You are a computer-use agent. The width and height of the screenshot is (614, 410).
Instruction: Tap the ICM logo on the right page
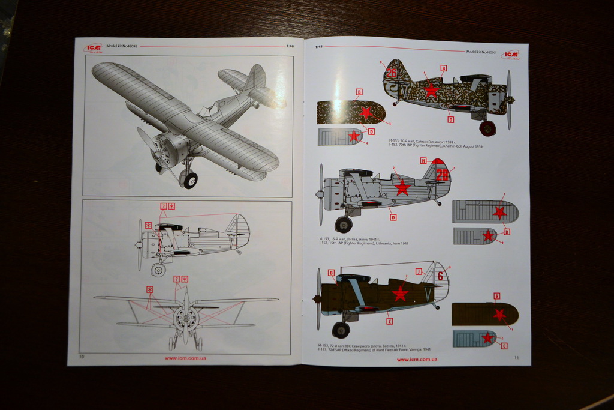point(511,55)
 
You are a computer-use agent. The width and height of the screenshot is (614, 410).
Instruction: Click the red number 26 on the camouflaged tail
point(392,73)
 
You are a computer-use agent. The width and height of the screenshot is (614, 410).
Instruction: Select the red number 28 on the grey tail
point(442,175)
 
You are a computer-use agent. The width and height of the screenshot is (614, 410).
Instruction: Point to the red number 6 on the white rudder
point(440,276)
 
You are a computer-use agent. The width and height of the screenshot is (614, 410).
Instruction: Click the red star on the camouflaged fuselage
point(430,90)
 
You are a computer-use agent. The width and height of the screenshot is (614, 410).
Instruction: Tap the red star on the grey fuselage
point(402,188)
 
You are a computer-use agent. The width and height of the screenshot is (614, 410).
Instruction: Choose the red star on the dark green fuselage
point(399,294)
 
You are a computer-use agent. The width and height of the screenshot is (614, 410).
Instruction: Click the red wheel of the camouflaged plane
point(487,128)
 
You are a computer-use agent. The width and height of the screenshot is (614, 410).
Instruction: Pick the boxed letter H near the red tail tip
point(423,161)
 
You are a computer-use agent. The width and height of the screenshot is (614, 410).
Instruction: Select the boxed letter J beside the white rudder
point(419,271)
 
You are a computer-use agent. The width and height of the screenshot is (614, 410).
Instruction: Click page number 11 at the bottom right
point(516,358)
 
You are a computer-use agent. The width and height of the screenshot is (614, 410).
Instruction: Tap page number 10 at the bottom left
point(82,356)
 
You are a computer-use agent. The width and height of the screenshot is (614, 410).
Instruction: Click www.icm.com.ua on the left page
point(185,358)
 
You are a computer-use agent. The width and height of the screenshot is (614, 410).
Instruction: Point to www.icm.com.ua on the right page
point(417,359)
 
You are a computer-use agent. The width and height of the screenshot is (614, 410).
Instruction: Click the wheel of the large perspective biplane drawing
point(190,180)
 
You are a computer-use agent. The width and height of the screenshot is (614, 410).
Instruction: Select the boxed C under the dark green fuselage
point(390,322)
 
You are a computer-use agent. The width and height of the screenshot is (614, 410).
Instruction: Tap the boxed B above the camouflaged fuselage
point(443,68)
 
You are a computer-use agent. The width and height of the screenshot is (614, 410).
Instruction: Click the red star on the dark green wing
point(499,314)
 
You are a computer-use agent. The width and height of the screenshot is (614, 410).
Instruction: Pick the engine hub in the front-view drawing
point(185,318)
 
